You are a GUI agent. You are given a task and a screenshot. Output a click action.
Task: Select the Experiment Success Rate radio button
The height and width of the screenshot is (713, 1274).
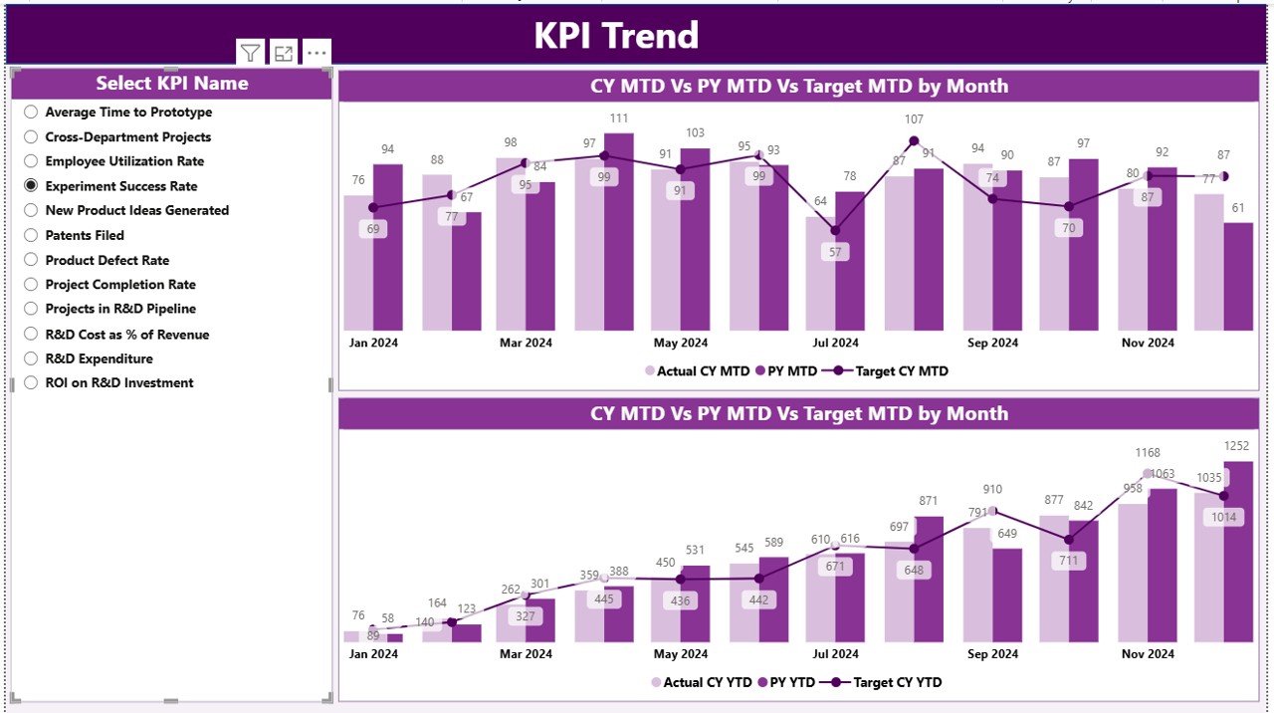pos(31,186)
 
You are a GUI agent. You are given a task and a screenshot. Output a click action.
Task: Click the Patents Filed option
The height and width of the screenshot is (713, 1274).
pos(31,236)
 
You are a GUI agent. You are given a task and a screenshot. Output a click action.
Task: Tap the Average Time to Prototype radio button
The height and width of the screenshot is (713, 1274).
pos(31,113)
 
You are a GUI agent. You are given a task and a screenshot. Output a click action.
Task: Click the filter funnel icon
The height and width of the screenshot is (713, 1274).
pos(250,54)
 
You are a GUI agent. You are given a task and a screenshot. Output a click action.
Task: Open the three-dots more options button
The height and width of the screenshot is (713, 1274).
pos(317,54)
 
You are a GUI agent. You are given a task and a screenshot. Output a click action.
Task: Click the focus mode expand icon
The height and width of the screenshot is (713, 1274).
pos(284,54)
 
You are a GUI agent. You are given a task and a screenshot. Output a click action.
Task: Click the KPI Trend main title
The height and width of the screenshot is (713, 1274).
pos(616,36)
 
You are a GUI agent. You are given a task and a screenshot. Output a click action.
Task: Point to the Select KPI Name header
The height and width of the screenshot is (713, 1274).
pos(171,84)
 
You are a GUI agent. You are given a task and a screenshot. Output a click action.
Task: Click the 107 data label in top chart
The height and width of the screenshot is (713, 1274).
pos(914,119)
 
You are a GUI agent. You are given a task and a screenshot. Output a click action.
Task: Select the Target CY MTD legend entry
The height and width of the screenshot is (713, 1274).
pos(891,371)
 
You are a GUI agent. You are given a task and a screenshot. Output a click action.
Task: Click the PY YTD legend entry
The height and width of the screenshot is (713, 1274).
pos(786,683)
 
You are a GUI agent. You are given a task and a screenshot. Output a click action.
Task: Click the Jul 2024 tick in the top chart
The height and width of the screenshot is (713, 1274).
pos(835,343)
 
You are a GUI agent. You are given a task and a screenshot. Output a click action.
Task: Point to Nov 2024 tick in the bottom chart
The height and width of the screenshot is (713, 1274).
pos(1148,654)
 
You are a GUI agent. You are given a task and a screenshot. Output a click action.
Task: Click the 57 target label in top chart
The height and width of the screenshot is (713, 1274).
pos(835,253)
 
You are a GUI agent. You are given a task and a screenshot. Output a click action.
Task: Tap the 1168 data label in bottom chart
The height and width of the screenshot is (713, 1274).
pos(1148,454)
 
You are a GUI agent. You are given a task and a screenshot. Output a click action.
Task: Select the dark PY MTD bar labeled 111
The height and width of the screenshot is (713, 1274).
pos(618,231)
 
